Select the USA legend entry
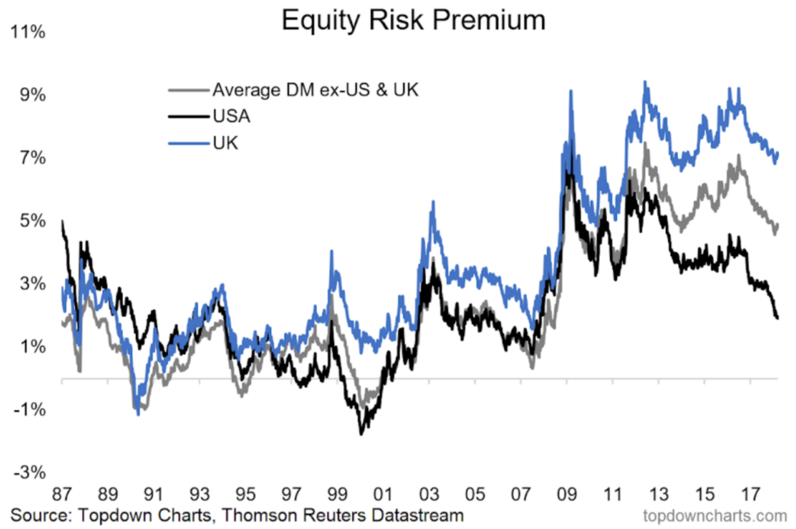click(x=232, y=116)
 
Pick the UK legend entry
click(x=225, y=143)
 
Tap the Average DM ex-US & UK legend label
click(x=315, y=90)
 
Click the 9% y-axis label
click(x=31, y=96)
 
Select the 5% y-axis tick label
click(x=31, y=221)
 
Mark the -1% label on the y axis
click(x=29, y=410)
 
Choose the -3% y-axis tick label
click(x=29, y=473)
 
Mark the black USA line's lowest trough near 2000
click(x=360, y=434)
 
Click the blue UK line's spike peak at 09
click(x=570, y=91)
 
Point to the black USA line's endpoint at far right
click(x=777, y=318)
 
